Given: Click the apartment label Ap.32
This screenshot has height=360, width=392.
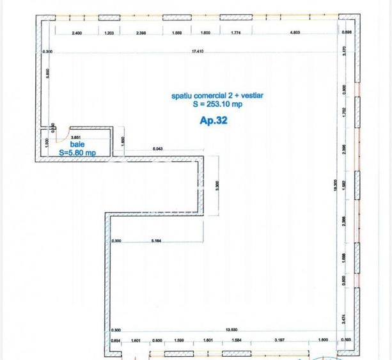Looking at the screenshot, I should pyautogui.click(x=214, y=119).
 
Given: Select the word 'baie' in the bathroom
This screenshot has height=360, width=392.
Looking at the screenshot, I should pyautogui.click(x=78, y=145).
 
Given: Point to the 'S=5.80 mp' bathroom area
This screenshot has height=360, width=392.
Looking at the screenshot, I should pyautogui.click(x=77, y=153).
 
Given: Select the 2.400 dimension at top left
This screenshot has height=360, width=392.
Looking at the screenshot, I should pyautogui.click(x=77, y=33).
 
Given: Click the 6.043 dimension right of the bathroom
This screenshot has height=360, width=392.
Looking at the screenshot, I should pyautogui.click(x=158, y=149).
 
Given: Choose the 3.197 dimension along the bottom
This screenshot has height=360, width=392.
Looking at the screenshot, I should pyautogui.click(x=281, y=340).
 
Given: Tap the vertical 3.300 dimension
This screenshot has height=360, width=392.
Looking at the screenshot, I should pyautogui.click(x=217, y=185).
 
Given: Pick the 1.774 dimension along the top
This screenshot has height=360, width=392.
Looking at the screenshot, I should pyautogui.click(x=233, y=33).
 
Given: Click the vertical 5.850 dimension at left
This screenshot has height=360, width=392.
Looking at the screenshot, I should pyautogui.click(x=47, y=75).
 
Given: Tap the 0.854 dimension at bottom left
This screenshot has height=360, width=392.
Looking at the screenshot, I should pyautogui.click(x=115, y=340).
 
